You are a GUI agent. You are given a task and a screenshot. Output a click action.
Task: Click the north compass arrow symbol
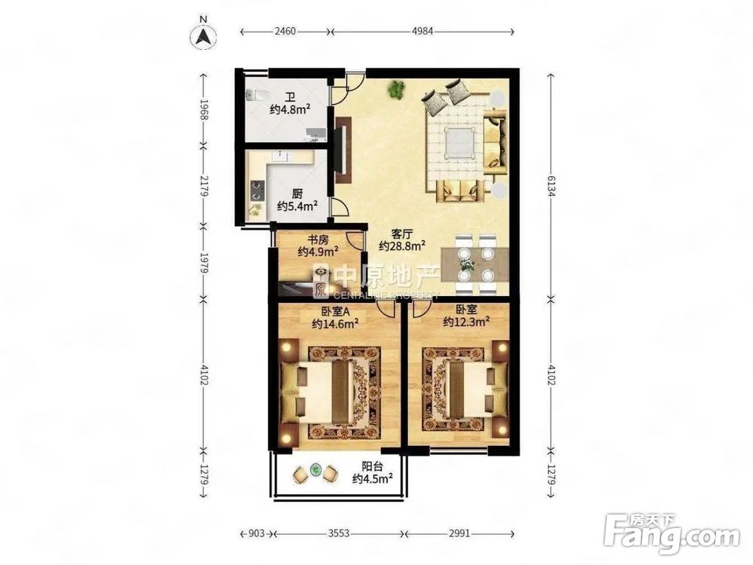203,36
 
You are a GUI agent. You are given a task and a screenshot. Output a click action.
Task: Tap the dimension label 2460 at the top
285,31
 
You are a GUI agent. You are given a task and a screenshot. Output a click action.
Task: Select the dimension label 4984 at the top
422,31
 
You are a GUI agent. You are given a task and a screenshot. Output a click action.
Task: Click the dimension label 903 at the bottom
257,533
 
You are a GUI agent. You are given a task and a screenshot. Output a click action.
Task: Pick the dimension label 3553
339,533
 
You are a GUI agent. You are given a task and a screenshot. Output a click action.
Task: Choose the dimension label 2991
459,533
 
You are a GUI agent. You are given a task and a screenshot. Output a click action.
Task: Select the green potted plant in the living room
397,88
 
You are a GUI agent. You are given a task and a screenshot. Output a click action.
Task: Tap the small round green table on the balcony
315,469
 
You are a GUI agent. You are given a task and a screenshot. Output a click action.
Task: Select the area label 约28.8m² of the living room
402,246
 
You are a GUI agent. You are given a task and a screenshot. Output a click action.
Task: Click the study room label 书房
319,238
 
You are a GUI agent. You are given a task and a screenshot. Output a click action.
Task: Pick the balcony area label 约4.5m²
373,478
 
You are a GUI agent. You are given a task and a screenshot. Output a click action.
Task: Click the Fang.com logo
672,533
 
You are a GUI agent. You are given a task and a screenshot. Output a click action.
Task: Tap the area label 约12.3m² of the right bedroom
466,321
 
